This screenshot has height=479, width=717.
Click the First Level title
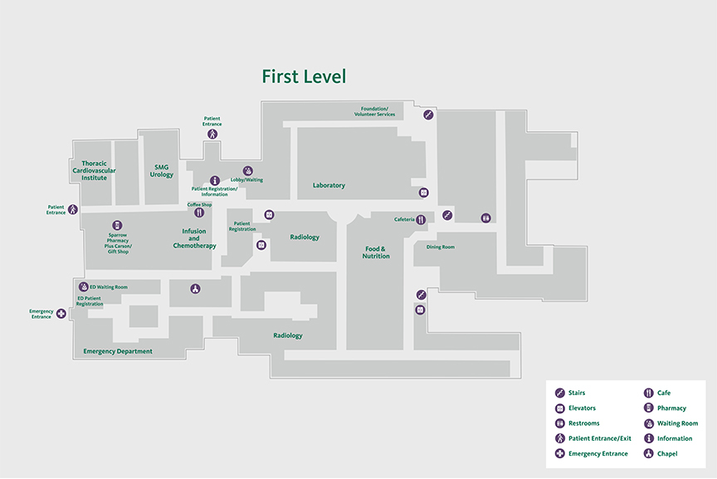(304, 77)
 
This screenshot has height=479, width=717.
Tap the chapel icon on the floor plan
(195, 289)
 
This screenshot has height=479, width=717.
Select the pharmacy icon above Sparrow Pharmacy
(117, 225)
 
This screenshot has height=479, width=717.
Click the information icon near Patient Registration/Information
(215, 180)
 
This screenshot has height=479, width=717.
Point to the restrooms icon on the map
(485, 218)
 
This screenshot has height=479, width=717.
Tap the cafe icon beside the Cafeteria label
(421, 219)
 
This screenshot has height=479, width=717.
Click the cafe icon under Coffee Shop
(199, 213)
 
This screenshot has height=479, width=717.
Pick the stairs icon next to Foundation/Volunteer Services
(428, 115)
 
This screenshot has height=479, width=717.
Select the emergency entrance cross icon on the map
(61, 314)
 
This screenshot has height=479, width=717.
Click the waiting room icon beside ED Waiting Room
(84, 286)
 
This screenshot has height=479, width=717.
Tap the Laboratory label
(329, 185)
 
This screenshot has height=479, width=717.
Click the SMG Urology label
(162, 171)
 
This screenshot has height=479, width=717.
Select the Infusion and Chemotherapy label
(194, 238)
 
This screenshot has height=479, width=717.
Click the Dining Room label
(441, 247)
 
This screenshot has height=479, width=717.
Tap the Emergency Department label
(118, 351)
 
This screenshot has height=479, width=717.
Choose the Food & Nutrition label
(376, 252)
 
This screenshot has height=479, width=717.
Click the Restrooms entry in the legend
(583, 423)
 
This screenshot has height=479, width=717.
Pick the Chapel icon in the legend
(648, 453)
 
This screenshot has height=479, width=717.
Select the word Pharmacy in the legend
(671, 408)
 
